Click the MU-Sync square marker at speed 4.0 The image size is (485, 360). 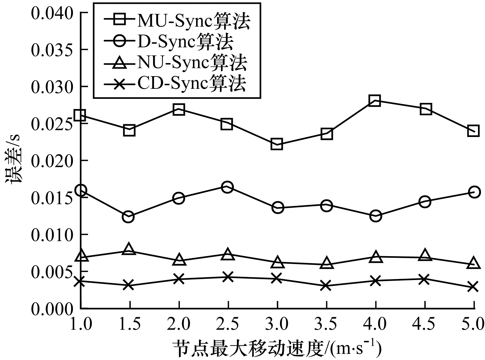[x=375, y=101]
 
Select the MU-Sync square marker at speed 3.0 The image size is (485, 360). [x=276, y=144]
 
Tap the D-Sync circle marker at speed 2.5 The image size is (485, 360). [x=227, y=187]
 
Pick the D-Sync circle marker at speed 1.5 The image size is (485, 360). [x=128, y=217]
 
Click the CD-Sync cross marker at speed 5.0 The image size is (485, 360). [x=473, y=287]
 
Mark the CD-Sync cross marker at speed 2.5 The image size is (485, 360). [x=227, y=277]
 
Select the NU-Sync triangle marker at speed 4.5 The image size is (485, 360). [x=424, y=255]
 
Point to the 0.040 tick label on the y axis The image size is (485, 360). [x=52, y=13]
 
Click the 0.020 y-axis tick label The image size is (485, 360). [x=52, y=161]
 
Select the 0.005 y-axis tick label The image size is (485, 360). [x=52, y=271]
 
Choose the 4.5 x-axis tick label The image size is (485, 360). [x=425, y=324]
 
